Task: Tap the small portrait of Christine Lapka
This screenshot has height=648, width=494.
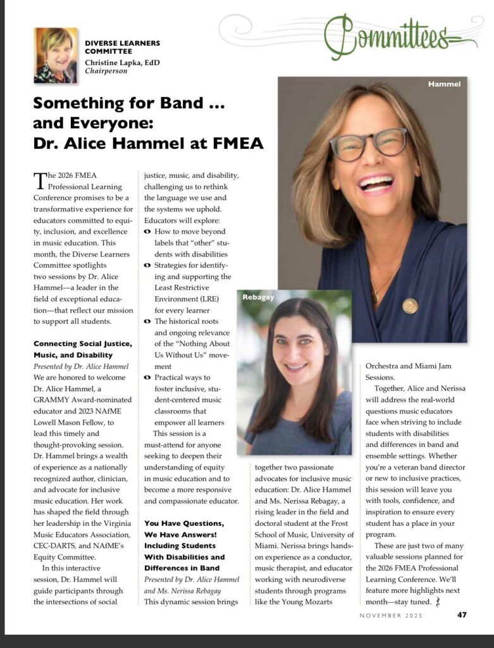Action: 56,55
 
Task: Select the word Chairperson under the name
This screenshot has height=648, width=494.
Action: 106,71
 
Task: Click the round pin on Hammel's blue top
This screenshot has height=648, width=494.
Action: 410,306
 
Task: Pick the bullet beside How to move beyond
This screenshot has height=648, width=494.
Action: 147,232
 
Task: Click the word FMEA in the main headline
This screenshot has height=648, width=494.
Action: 232,144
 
